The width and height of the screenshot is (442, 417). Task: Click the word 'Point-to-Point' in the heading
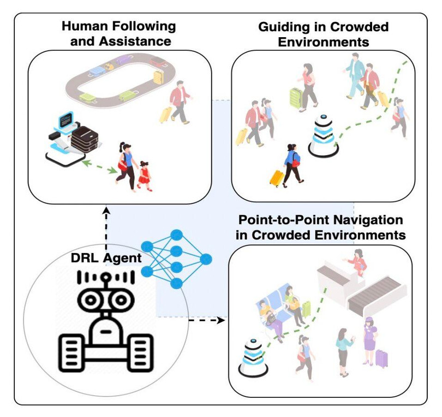(286, 220)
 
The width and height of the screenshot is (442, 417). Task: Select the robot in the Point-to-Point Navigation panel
(252, 356)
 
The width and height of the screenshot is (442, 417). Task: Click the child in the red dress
(145, 174)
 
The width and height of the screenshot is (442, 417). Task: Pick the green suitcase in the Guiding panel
(296, 97)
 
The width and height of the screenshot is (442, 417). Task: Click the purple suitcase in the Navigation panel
(382, 358)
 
